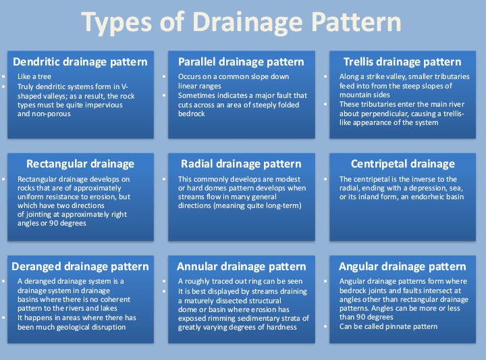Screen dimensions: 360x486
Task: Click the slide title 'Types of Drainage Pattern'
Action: pos(241,22)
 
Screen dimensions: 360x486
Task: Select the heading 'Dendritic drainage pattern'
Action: pos(80,61)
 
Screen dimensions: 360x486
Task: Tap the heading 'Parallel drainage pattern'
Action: pos(241,61)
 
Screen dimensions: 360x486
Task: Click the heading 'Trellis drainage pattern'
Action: pos(402,61)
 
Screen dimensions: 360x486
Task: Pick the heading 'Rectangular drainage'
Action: pos(80,163)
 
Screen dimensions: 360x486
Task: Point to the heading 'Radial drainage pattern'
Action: pos(241,163)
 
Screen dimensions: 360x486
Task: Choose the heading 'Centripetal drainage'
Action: pos(402,163)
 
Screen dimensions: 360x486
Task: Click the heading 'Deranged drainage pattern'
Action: pos(80,266)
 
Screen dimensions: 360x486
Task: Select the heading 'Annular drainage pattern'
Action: pos(241,266)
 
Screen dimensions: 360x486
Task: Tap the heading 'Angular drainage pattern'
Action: pos(402,266)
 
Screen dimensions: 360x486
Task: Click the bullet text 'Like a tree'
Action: pos(35,77)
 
